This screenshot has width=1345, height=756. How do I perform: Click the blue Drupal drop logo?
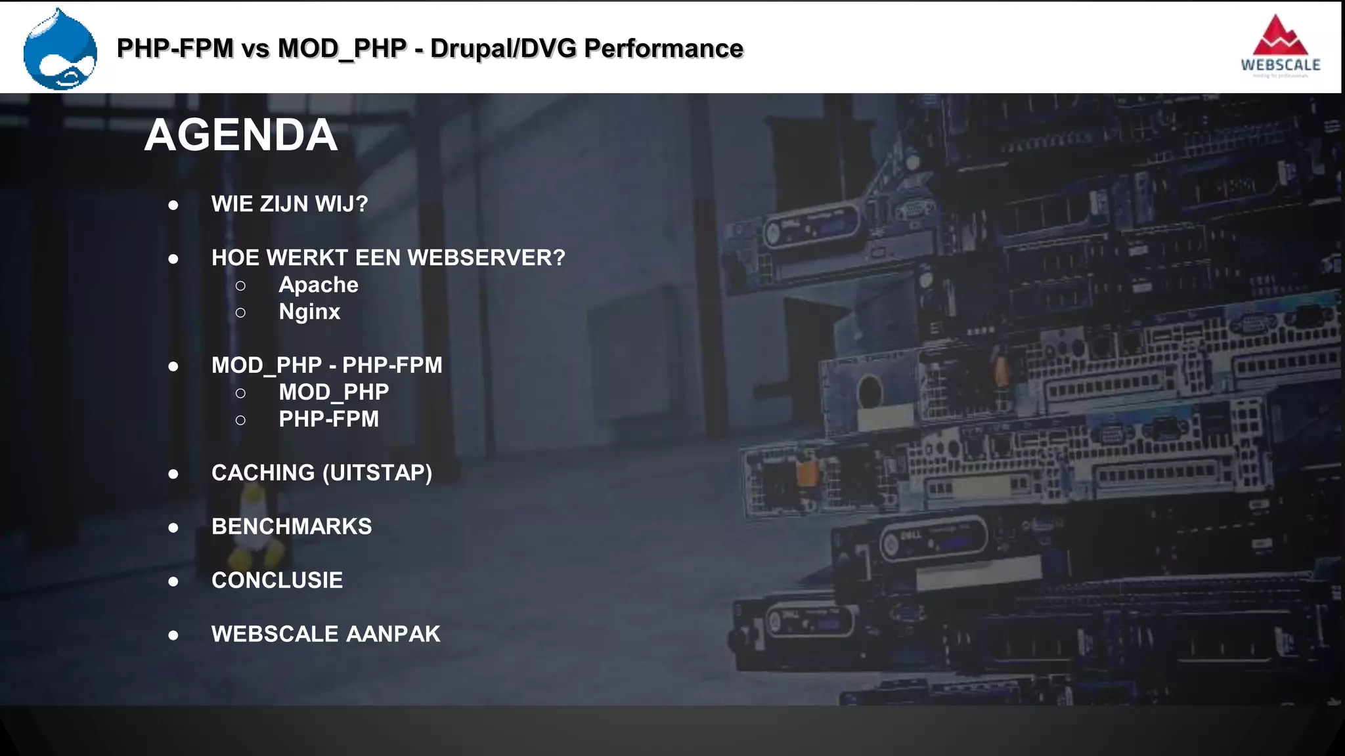pos(60,50)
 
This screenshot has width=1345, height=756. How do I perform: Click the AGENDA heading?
pos(241,135)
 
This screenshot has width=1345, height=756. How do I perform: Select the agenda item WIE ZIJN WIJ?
pos(290,204)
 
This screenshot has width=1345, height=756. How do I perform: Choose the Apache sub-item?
pos(319,285)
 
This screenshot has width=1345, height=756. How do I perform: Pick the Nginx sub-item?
pos(309,312)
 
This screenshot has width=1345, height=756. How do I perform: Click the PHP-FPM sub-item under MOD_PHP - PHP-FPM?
pos(328,419)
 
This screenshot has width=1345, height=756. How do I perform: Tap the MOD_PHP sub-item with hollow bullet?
pos(334,392)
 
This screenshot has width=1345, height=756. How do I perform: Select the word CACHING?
pos(263,473)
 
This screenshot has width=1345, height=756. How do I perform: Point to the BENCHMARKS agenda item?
pos(292,527)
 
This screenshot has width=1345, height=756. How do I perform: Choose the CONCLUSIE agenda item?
pos(277,581)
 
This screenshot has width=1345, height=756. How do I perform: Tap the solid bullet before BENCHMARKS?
pos(173,528)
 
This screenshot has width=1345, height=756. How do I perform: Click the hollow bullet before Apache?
pos(240,285)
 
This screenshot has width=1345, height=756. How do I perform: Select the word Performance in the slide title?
pos(663,49)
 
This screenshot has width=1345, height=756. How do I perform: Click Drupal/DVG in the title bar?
pos(504,49)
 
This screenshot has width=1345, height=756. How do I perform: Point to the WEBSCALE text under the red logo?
pos(1280,65)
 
